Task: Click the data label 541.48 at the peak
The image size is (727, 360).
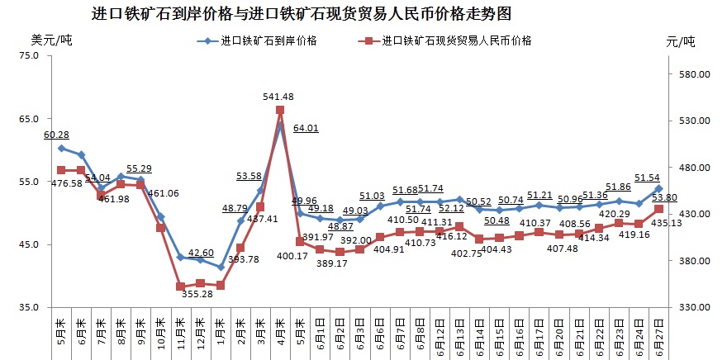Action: (280, 97)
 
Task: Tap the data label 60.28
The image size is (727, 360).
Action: (56, 135)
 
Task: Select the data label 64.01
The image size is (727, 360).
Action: (306, 128)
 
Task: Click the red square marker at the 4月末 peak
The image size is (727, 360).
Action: (280, 110)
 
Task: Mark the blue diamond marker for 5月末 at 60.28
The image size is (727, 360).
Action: (61, 148)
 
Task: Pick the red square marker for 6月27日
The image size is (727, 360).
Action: (658, 209)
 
